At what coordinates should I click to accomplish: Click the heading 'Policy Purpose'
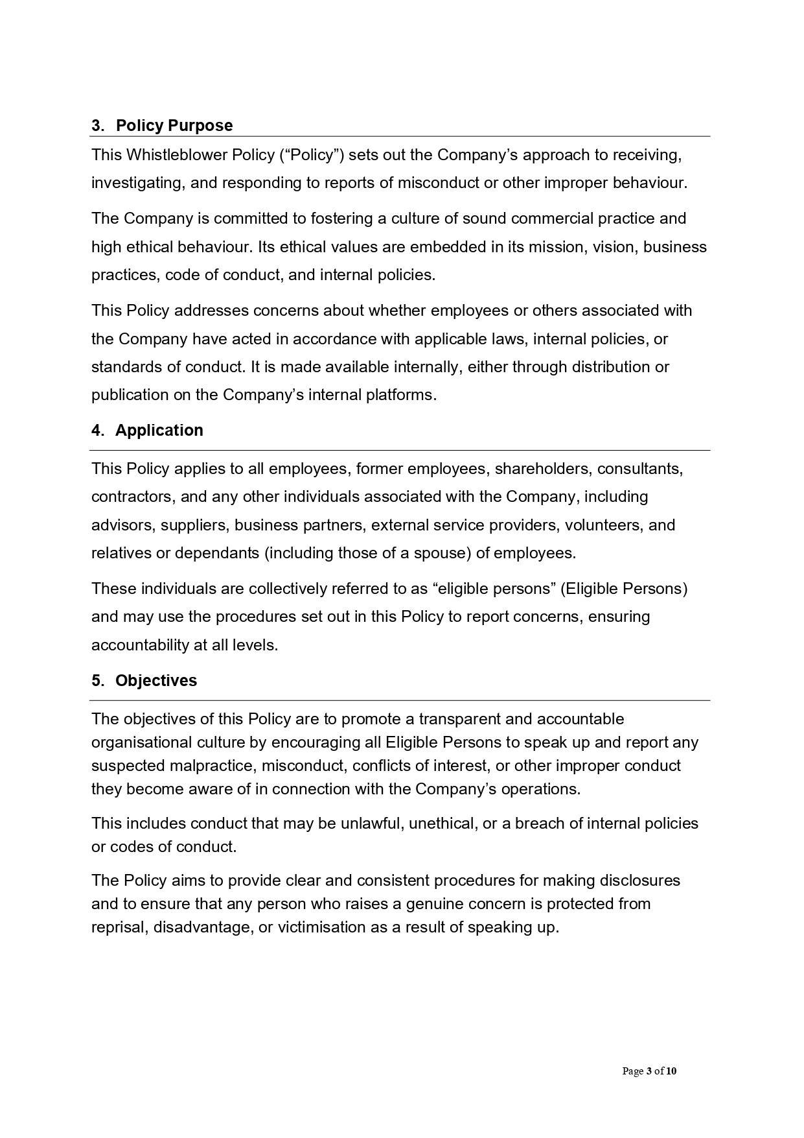click(174, 125)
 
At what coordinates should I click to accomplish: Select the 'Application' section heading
click(159, 431)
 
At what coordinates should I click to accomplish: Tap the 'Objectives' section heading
click(156, 681)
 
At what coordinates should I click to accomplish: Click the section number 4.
click(97, 431)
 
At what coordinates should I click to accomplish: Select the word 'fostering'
click(340, 219)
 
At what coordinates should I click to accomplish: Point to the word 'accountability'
click(139, 645)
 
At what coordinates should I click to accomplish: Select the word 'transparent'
click(458, 719)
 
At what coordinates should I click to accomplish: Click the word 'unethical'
click(442, 824)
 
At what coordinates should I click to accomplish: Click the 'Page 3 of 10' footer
click(649, 1072)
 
